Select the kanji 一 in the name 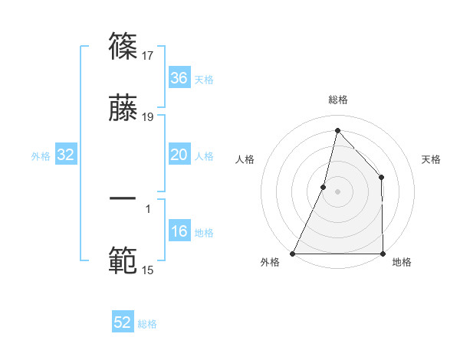coord(123,198)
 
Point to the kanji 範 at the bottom coord(123,261)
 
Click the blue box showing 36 coord(179,78)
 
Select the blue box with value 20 coord(179,155)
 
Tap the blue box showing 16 coord(179,232)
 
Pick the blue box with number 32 coord(66,155)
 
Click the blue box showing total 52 coord(123,322)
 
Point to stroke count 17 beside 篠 coord(149,55)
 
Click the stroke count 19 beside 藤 coord(149,117)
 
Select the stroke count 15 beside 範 coord(149,269)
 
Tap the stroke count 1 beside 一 coord(148,207)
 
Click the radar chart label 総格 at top coord(337,100)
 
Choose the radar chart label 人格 coord(245,159)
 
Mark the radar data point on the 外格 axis coord(293,254)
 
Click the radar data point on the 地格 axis coord(383,254)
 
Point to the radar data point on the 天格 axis coord(382,178)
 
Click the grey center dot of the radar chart coord(337,191)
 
